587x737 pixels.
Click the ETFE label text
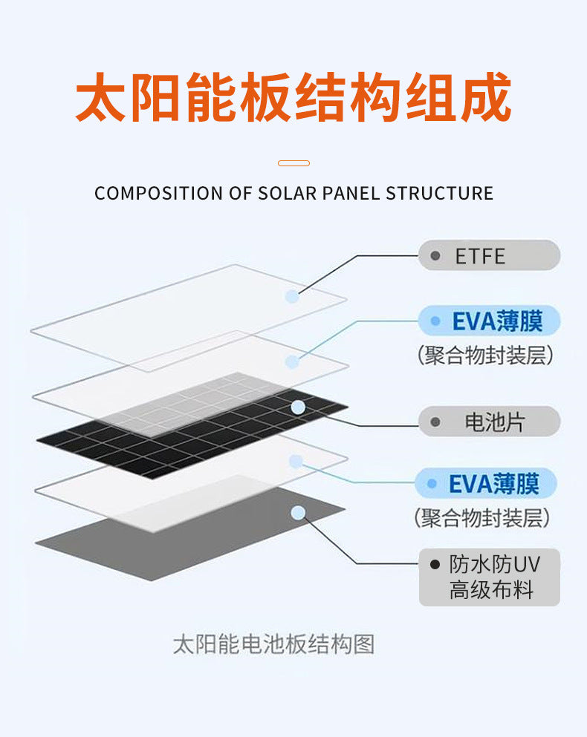point(480,257)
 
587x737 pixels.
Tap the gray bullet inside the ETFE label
point(435,257)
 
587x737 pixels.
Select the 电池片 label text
point(495,422)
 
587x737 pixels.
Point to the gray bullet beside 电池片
point(435,422)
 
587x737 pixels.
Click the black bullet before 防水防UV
point(435,565)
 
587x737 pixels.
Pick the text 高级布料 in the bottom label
point(492,591)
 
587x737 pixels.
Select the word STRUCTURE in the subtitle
point(439,194)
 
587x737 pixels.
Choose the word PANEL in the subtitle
point(352,194)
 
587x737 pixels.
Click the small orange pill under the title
point(293,163)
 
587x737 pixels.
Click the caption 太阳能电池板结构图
point(273,643)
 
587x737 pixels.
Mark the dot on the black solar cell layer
point(298,407)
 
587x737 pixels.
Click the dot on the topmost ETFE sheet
point(292,297)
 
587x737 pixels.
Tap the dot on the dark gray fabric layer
point(298,512)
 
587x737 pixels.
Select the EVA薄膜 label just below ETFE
point(497,321)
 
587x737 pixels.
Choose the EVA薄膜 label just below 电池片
point(493,484)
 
